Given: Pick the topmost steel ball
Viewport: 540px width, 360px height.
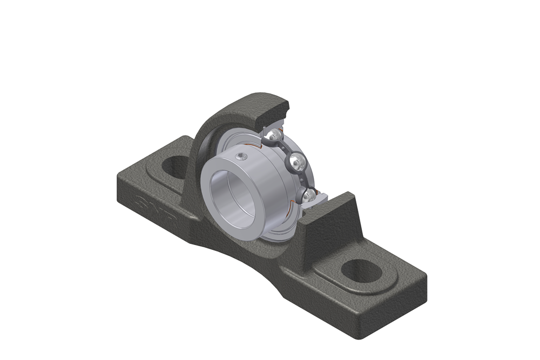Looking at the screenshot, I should click(275, 134).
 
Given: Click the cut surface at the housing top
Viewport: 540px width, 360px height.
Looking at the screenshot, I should click(275, 114).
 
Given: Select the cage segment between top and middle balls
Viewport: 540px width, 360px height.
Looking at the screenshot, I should click(286, 146).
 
